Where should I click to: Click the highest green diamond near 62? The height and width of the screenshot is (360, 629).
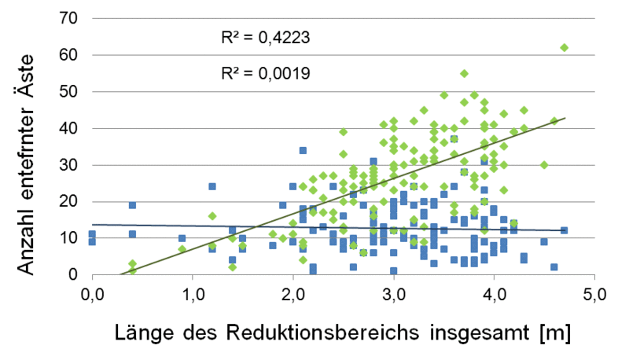tap(564, 48)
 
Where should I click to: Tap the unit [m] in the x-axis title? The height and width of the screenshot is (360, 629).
tap(552, 333)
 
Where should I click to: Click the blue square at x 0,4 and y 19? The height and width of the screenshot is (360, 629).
tap(133, 205)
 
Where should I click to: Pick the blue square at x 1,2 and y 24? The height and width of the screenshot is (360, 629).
tap(212, 187)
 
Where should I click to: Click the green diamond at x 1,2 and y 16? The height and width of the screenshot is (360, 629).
tap(212, 216)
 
